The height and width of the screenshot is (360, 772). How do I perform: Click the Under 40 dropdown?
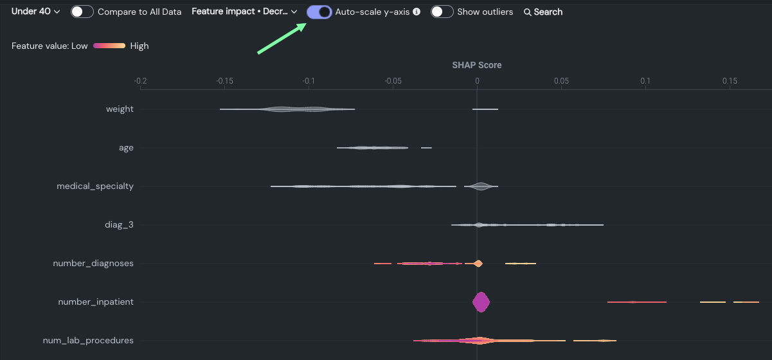[35, 12]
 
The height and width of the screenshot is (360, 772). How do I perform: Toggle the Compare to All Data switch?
[82, 12]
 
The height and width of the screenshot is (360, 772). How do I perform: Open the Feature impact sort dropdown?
[244, 12]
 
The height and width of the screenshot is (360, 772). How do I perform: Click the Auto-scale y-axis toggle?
[319, 12]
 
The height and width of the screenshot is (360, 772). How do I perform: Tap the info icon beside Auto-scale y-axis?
[417, 12]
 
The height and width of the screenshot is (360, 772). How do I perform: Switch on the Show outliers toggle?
[442, 12]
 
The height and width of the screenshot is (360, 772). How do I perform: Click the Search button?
[543, 12]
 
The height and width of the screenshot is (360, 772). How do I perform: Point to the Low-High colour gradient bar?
[109, 46]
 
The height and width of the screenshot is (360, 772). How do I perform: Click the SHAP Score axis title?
[476, 65]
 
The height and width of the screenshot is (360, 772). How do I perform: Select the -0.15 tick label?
[224, 81]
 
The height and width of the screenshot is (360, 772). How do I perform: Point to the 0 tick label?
[477, 81]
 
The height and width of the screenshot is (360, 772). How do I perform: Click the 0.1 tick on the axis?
[645, 81]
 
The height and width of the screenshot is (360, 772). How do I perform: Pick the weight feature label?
[120, 109]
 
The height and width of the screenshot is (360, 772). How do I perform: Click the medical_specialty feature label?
[95, 186]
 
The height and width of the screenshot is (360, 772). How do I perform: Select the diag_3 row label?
[120, 225]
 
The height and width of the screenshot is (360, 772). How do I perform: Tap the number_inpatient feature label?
[96, 301]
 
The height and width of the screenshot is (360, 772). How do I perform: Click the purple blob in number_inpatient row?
[481, 301]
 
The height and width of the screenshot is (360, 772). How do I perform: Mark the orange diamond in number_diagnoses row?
[478, 263]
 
